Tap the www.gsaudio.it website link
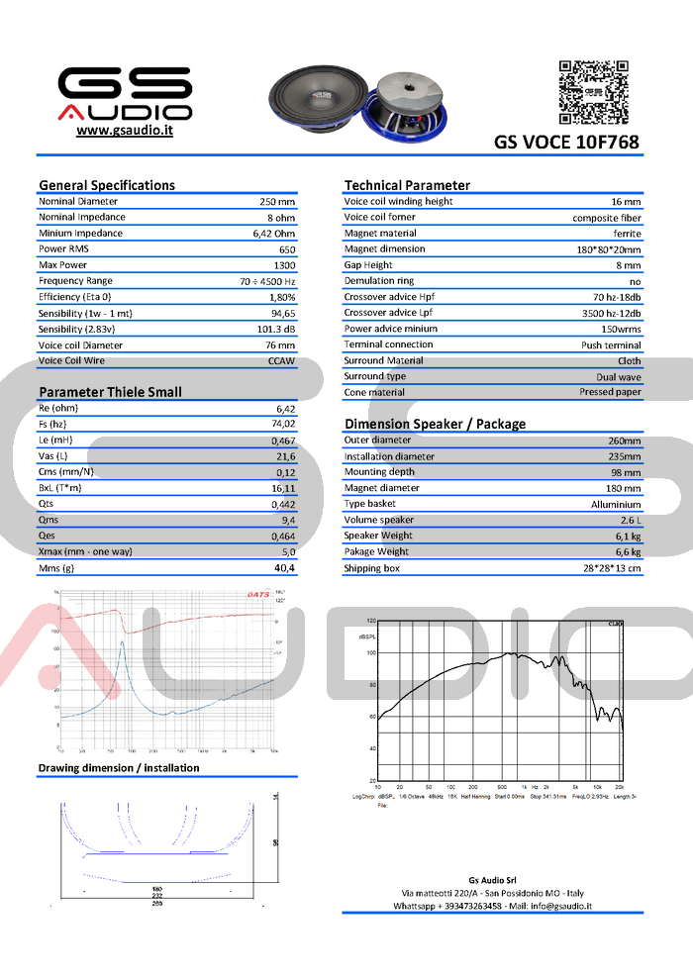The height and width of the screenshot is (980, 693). pos(125,131)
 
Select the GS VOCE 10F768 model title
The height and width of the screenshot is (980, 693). pos(566,143)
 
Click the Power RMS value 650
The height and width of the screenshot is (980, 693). pos(287,249)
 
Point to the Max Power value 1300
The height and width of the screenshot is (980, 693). pos(284,265)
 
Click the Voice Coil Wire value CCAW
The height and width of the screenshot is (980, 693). pos(282,361)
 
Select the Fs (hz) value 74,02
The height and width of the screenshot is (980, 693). pos(282,424)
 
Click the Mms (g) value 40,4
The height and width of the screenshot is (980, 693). pos(284,568)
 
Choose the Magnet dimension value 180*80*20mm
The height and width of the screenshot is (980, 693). pos(608,249)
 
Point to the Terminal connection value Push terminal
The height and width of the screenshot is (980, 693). pos(611,345)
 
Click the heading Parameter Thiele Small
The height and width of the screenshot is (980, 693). pos(110,392)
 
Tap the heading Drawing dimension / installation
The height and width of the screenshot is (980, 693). pos(119,768)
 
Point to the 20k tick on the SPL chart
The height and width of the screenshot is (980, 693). pos(620,787)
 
